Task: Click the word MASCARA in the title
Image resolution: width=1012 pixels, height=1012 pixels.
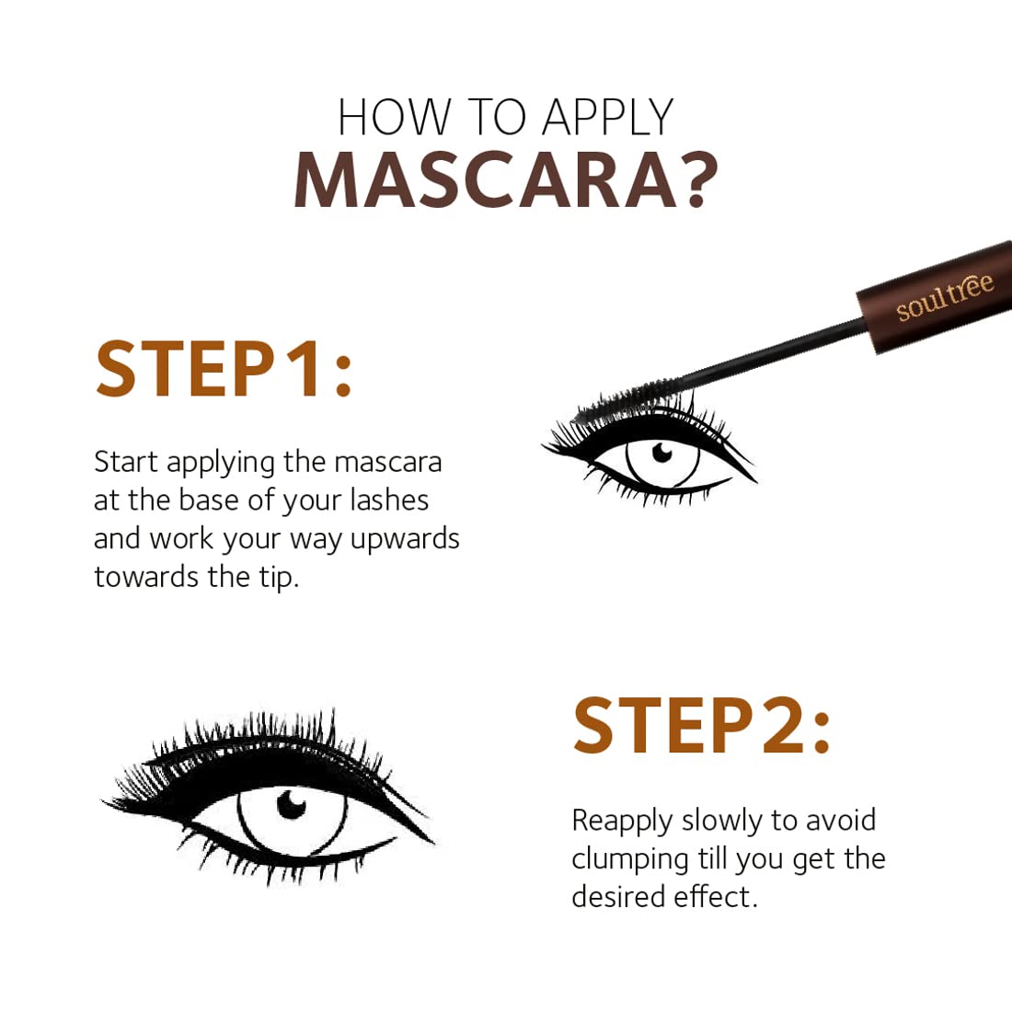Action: [x=475, y=178]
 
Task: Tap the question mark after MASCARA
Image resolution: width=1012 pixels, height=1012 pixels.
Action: [x=689, y=178]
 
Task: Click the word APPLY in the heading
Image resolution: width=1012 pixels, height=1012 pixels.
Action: [x=608, y=119]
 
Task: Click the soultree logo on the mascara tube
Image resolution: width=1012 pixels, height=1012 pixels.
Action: [x=945, y=297]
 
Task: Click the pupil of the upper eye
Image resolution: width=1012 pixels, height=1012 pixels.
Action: [x=661, y=454]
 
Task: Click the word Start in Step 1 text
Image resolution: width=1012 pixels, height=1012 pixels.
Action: [x=126, y=462]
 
